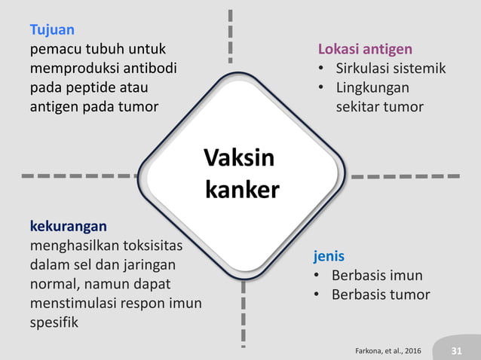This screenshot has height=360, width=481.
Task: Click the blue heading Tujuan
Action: pyautogui.click(x=52, y=31)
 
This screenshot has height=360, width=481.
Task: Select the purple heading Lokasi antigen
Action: pyautogui.click(x=365, y=50)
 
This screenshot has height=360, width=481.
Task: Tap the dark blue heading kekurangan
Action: pyautogui.click(x=68, y=226)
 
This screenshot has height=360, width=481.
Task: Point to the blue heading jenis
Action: pyautogui.click(x=329, y=257)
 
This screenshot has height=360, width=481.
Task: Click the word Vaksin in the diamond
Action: pyautogui.click(x=239, y=159)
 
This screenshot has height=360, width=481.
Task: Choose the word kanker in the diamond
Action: pyautogui.click(x=242, y=189)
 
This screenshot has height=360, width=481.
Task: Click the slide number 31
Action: pyautogui.click(x=456, y=351)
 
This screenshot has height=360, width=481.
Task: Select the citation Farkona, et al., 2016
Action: pyautogui.click(x=388, y=351)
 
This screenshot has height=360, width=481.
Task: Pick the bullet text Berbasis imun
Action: pyautogui.click(x=377, y=275)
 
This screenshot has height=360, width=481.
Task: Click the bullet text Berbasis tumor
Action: pyautogui.click(x=381, y=294)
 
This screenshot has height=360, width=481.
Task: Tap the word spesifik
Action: pyautogui.click(x=54, y=322)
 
